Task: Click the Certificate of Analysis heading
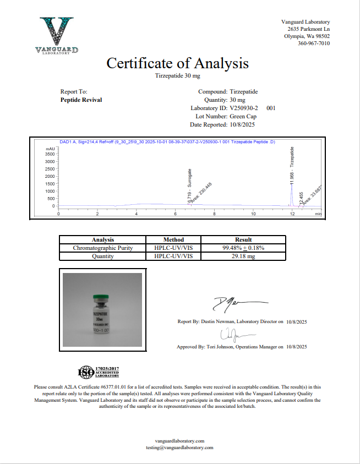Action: [177, 63]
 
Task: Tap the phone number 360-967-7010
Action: [314, 43]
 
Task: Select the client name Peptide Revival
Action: [81, 100]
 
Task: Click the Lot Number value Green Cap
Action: [242, 117]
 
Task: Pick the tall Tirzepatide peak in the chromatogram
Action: [292, 190]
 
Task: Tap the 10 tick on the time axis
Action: [253, 214]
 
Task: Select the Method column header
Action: [173, 240]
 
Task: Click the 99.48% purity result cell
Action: [243, 248]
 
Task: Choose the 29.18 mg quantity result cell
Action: [243, 256]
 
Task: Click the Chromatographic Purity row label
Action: [103, 248]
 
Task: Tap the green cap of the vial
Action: [101, 298]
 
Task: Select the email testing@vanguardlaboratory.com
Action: [179, 448]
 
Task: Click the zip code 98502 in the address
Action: [322, 36]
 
